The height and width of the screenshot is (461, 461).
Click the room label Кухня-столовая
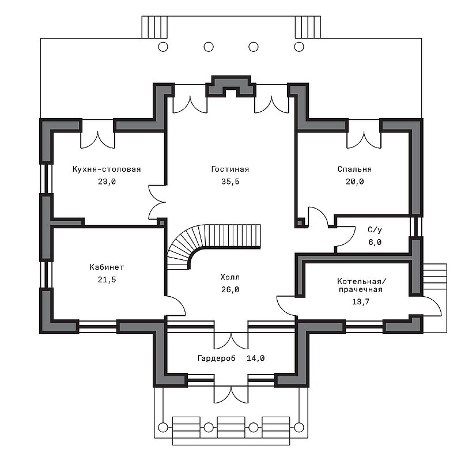click(107, 169)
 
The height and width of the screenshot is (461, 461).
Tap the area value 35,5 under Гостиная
click(230, 182)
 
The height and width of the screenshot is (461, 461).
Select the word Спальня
click(354, 169)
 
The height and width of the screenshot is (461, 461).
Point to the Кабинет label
click(107, 267)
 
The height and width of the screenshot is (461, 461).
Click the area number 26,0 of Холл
click(230, 290)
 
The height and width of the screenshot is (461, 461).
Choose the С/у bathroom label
click(375, 229)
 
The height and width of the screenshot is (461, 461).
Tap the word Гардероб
click(217, 358)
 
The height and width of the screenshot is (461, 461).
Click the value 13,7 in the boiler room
click(361, 301)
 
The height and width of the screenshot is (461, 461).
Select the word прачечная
click(361, 290)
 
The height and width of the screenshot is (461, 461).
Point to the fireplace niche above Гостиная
click(231, 87)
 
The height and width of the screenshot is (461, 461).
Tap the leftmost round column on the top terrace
click(163, 47)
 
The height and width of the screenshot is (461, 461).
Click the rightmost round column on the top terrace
click(299, 47)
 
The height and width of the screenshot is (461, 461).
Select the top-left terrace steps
click(154, 27)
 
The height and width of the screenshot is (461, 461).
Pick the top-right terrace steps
click(308, 27)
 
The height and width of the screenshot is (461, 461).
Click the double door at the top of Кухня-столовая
click(97, 134)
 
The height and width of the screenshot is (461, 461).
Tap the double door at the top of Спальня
click(364, 134)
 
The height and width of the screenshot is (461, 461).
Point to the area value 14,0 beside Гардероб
click(255, 358)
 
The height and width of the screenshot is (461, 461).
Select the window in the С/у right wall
click(415, 226)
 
